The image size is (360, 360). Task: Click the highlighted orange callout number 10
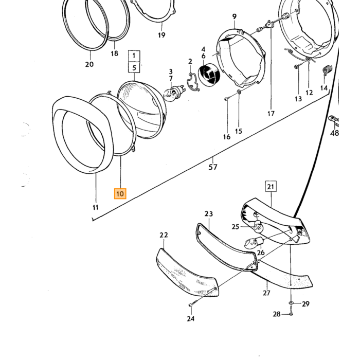pyautogui.click(x=120, y=193)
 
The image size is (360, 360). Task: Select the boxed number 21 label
pyautogui.click(x=271, y=186)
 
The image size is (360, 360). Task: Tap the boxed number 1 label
pyautogui.click(x=134, y=56)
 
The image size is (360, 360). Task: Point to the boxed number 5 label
pyautogui.click(x=134, y=67)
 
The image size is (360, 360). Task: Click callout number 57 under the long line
pyautogui.click(x=212, y=167)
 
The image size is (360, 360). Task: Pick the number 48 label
pyautogui.click(x=334, y=133)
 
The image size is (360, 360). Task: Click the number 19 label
pyautogui.click(x=161, y=35)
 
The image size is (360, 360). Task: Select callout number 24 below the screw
pyautogui.click(x=191, y=318)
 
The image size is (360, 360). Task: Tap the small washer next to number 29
pyautogui.click(x=291, y=303)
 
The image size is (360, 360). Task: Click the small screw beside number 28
pyautogui.click(x=291, y=314)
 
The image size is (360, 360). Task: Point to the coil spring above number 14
pyautogui.click(x=327, y=70)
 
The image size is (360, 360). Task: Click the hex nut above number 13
pyautogui.click(x=296, y=67)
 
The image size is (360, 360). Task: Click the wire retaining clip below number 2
pyautogui.click(x=193, y=82)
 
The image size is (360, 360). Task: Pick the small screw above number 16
pyautogui.click(x=226, y=99)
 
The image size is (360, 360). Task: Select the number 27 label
pyautogui.click(x=266, y=293)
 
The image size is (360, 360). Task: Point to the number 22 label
pyautogui.click(x=164, y=235)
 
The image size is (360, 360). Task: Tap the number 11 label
pyautogui.click(x=96, y=207)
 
